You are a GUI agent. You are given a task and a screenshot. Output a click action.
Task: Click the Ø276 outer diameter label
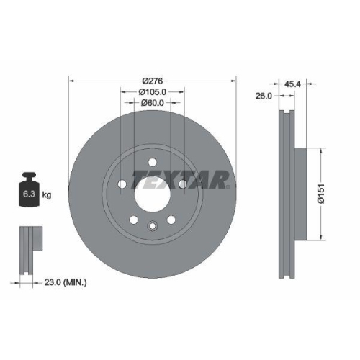tap(152, 79)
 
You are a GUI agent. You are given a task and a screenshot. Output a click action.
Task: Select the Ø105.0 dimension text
tap(152, 91)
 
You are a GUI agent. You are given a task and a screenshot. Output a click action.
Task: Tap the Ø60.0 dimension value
tap(152, 103)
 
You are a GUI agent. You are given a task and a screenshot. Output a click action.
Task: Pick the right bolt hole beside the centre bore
tap(182, 184)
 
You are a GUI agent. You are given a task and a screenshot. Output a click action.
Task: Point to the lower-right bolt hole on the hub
tap(171, 220)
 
